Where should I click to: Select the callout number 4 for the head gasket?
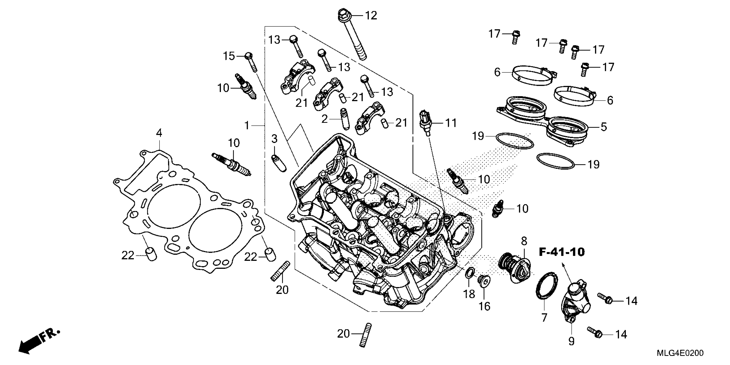coord(159,133)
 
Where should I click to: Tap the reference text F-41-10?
coord(561,252)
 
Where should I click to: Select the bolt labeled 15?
coord(53,62)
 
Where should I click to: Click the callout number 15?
coord(229,56)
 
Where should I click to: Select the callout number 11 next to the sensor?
coord(451,123)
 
